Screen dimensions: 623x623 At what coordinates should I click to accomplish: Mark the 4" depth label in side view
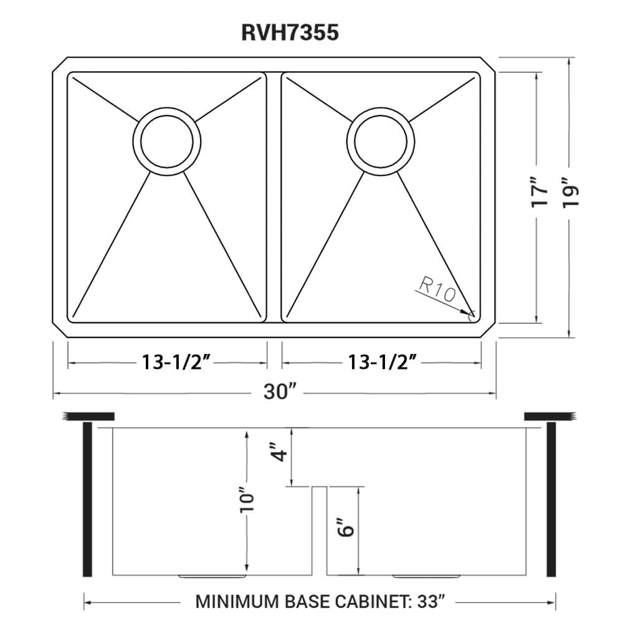click(281, 451)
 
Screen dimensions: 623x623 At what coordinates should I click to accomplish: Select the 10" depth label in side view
click(248, 500)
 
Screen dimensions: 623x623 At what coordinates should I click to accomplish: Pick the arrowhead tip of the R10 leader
click(470, 313)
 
